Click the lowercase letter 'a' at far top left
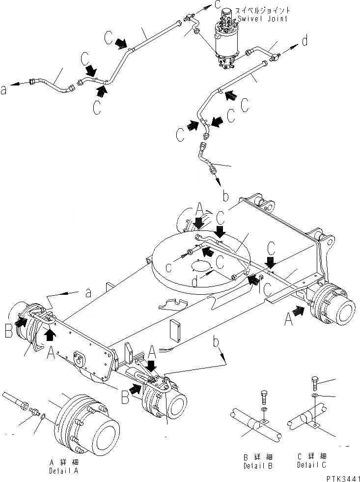4,89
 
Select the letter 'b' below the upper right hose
225,197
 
